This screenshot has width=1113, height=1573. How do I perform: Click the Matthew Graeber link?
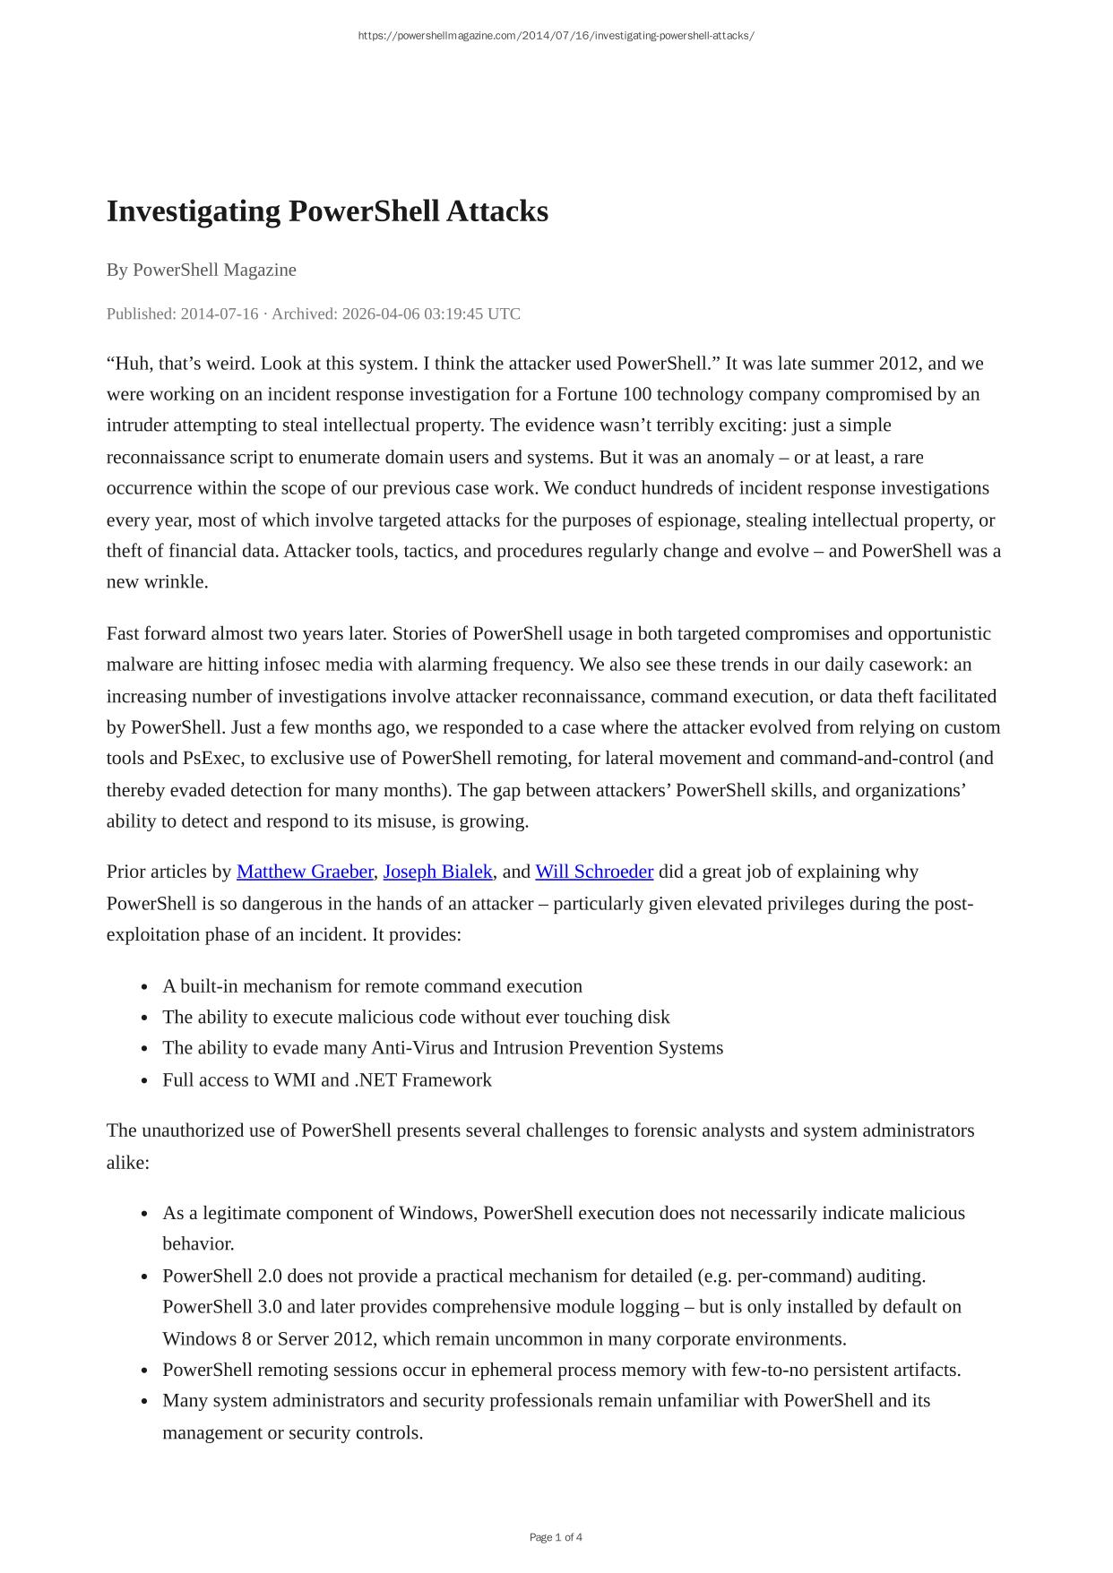[305, 872]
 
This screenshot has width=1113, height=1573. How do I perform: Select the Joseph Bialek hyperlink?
[437, 872]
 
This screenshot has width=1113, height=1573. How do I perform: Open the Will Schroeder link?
[594, 872]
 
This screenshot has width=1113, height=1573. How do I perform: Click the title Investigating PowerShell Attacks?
[327, 211]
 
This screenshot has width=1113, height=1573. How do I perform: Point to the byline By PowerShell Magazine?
[202, 270]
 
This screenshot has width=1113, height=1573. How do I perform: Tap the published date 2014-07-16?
[220, 314]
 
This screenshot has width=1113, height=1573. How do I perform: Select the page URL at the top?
[556, 36]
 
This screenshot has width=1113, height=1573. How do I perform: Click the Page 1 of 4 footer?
[556, 1537]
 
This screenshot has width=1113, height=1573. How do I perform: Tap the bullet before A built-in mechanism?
[144, 987]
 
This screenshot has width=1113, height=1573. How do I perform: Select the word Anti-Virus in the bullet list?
[417, 1048]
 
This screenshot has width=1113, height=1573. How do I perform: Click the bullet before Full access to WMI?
[144, 1081]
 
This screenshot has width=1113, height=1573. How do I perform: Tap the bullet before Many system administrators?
[144, 1402]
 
